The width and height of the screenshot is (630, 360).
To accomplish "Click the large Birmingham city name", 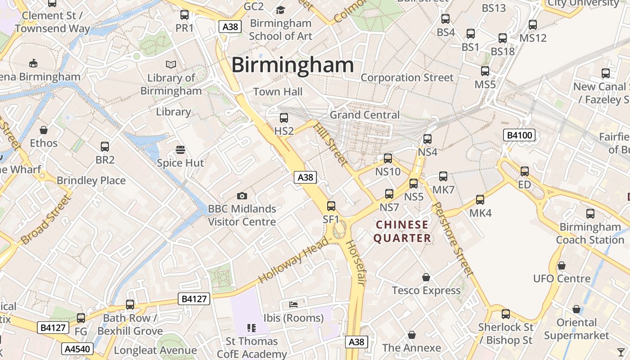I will click(x=292, y=65).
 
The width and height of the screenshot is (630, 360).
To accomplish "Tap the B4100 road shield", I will click(x=520, y=135).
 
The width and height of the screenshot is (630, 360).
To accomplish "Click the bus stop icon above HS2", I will click(x=284, y=118).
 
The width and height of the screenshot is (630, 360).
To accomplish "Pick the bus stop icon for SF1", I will click(x=331, y=206).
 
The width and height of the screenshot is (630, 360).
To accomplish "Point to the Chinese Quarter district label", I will click(x=402, y=231).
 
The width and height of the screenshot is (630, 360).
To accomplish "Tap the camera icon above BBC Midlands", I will click(x=242, y=196).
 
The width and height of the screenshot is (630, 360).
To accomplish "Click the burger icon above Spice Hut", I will click(x=180, y=149).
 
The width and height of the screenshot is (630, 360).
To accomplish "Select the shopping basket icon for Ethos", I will click(x=44, y=130).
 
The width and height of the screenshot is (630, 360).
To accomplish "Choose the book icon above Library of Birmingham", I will click(x=171, y=64).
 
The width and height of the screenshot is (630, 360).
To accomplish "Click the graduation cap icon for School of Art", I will click(x=281, y=10).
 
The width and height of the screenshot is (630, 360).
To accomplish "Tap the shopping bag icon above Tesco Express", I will click(x=426, y=277).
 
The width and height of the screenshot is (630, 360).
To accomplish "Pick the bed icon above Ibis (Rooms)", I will click(x=293, y=305).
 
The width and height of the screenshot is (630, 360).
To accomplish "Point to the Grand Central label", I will click(x=364, y=115).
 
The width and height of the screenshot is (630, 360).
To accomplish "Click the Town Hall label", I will click(x=278, y=92).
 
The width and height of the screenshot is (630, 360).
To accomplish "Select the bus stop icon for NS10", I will click(x=388, y=158).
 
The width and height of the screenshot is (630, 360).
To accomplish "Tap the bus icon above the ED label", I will click(x=525, y=171).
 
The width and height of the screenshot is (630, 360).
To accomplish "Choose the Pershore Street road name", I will click(x=452, y=238).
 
